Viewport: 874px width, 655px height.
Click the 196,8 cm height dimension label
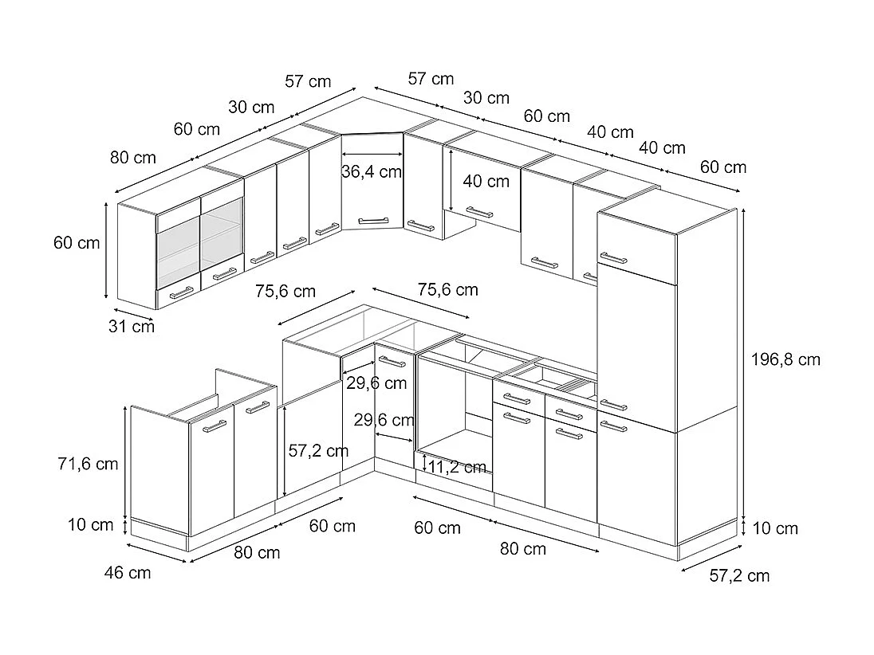[x=785, y=359]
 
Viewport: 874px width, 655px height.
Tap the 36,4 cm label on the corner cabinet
[x=372, y=171]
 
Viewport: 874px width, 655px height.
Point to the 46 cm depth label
[x=128, y=572]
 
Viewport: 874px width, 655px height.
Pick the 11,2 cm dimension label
[x=457, y=467]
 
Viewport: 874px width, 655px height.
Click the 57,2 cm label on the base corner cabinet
[x=318, y=451]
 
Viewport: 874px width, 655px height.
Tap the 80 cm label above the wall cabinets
[x=133, y=158]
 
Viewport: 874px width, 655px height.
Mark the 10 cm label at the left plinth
[x=90, y=524]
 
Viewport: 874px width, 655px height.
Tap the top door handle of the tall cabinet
[x=614, y=258]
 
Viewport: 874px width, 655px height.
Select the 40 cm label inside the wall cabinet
[x=486, y=182]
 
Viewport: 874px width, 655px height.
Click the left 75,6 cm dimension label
[x=285, y=291]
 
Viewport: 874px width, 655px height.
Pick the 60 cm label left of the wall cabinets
[x=77, y=243]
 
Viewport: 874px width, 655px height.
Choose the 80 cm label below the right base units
[x=523, y=548]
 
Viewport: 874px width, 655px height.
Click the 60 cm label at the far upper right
[x=723, y=167]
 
